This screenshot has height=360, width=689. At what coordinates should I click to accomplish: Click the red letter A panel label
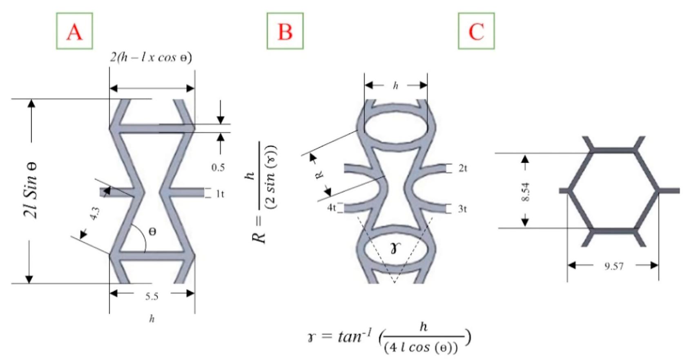click(x=74, y=31)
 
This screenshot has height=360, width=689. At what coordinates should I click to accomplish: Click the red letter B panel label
click(x=285, y=31)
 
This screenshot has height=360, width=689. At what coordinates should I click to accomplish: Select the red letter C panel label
click(x=476, y=31)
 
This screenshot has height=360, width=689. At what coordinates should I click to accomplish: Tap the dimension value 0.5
click(x=218, y=167)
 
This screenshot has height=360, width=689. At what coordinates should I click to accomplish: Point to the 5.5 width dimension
click(x=152, y=296)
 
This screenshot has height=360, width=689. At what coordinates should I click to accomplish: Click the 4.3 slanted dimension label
click(x=94, y=213)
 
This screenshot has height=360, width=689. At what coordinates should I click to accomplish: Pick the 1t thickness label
click(x=220, y=194)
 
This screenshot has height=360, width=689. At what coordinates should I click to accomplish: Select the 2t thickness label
click(x=462, y=168)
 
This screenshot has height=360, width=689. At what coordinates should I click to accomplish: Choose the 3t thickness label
click(x=462, y=209)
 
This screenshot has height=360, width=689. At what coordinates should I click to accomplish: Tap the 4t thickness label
click(x=331, y=208)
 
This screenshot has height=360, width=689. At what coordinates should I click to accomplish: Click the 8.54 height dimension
click(x=526, y=192)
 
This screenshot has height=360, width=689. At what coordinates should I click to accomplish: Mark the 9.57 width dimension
click(x=614, y=267)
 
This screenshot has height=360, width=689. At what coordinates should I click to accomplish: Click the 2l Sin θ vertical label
click(x=31, y=190)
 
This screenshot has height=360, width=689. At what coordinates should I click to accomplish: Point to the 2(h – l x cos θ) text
click(x=151, y=57)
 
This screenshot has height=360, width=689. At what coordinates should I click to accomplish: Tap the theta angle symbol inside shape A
click(x=152, y=231)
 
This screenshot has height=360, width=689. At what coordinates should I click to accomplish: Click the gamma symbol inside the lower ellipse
click(x=394, y=247)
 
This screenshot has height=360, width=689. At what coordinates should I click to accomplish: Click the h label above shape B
click(x=395, y=85)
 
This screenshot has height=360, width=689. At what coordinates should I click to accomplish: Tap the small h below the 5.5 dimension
click(x=152, y=319)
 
